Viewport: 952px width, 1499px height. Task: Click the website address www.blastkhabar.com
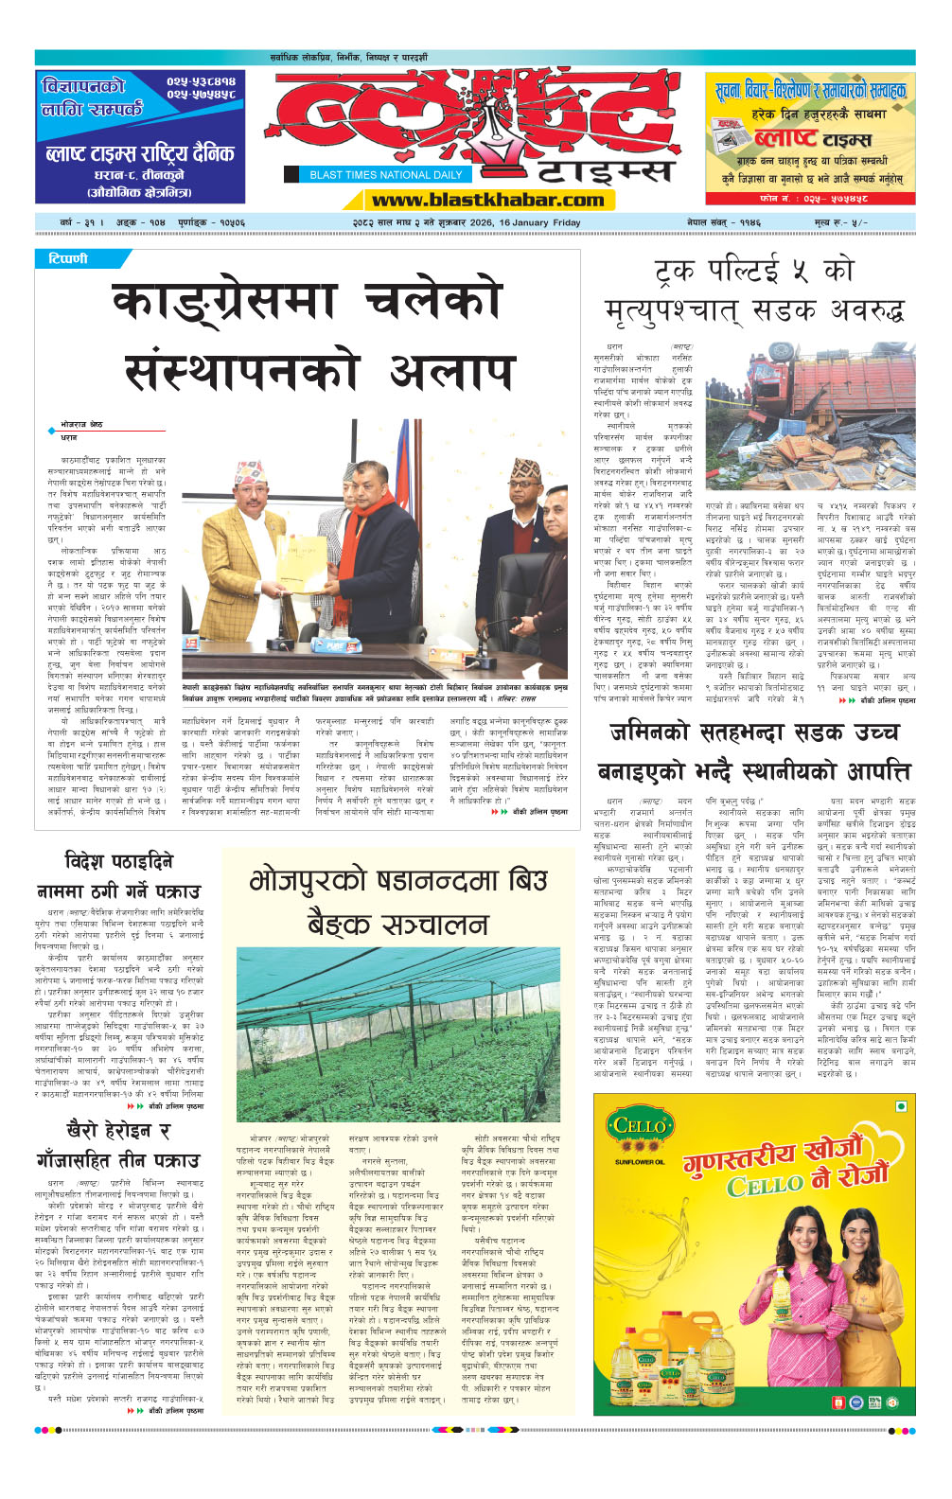(487, 199)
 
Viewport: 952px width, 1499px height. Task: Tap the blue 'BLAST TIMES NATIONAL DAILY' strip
(386, 174)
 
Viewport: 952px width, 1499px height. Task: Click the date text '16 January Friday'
(539, 222)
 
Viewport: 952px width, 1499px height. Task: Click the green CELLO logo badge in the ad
(640, 1127)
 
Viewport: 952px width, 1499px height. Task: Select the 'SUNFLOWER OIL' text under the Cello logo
(639, 1161)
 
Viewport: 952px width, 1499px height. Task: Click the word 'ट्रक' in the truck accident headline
(676, 273)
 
